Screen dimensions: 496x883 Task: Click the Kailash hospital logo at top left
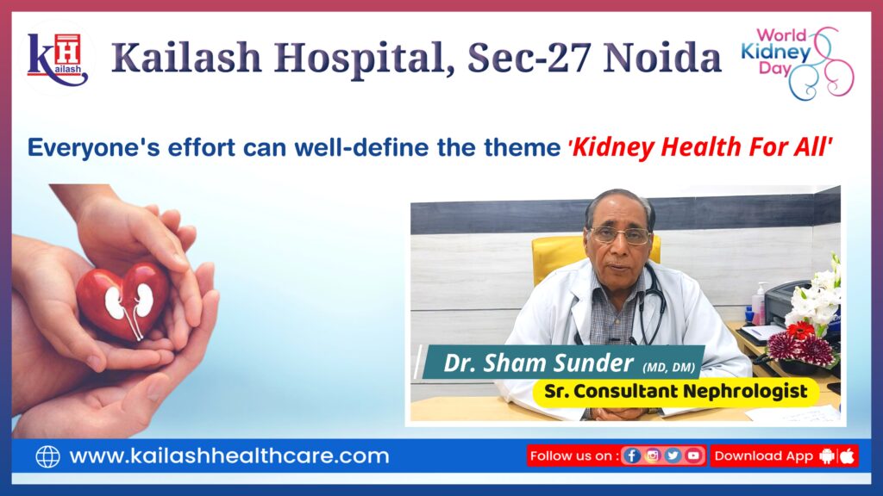[x=58, y=59]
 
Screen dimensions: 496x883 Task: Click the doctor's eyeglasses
[x=619, y=235]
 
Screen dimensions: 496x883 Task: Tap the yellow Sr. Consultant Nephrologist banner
[x=675, y=392]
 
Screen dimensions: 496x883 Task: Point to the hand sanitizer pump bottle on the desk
[x=758, y=303]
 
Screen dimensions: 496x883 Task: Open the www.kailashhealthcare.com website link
[x=229, y=456]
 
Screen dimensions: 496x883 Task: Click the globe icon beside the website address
[x=47, y=456]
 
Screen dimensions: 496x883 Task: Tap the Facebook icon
[x=632, y=456]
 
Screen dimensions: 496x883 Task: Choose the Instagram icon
[x=652, y=456]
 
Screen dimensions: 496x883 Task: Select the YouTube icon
[x=692, y=456]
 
